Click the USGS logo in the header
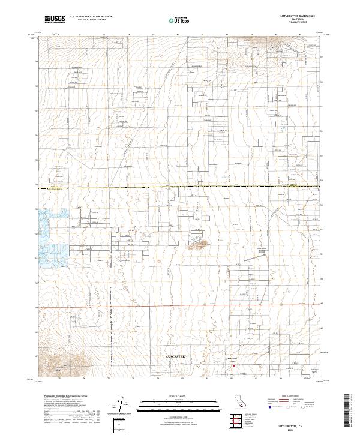click(x=55, y=19)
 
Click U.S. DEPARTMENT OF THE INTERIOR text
click(x=88, y=17)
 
